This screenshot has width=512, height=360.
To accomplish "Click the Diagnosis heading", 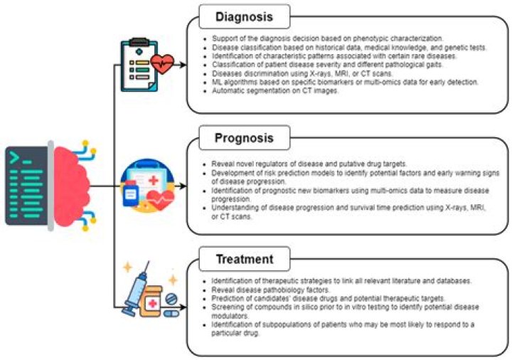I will [x=235, y=16].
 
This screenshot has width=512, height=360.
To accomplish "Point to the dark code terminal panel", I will [x=28, y=186].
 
